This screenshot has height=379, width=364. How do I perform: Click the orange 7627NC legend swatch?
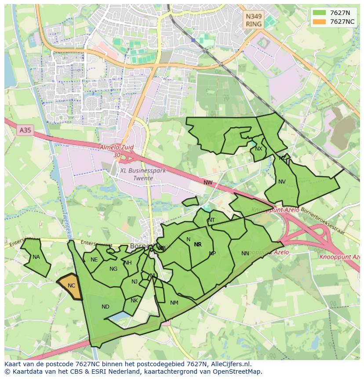(x=319, y=22)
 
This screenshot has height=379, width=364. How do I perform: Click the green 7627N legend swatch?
(x=319, y=12)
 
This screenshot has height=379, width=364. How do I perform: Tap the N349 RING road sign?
(x=254, y=20)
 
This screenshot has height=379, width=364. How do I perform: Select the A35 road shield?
(x=25, y=130)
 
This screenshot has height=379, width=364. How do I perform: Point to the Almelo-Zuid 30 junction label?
(x=116, y=151)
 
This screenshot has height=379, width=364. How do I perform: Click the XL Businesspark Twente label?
(x=143, y=174)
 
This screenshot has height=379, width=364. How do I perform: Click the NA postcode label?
(x=36, y=257)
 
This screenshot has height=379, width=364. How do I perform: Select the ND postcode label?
(x=106, y=307)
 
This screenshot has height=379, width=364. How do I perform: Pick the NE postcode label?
(x=94, y=260)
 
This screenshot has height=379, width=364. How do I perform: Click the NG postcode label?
(x=113, y=269)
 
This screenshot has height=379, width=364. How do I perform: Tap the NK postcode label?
(x=135, y=301)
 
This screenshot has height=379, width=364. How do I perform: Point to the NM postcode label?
(x=174, y=303)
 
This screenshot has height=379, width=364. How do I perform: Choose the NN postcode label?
(x=245, y=253)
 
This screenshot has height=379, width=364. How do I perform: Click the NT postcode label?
(x=211, y=220)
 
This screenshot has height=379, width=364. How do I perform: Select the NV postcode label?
(x=282, y=182)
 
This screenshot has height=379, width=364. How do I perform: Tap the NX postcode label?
(x=258, y=149)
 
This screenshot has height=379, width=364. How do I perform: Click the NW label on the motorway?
(x=208, y=182)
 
